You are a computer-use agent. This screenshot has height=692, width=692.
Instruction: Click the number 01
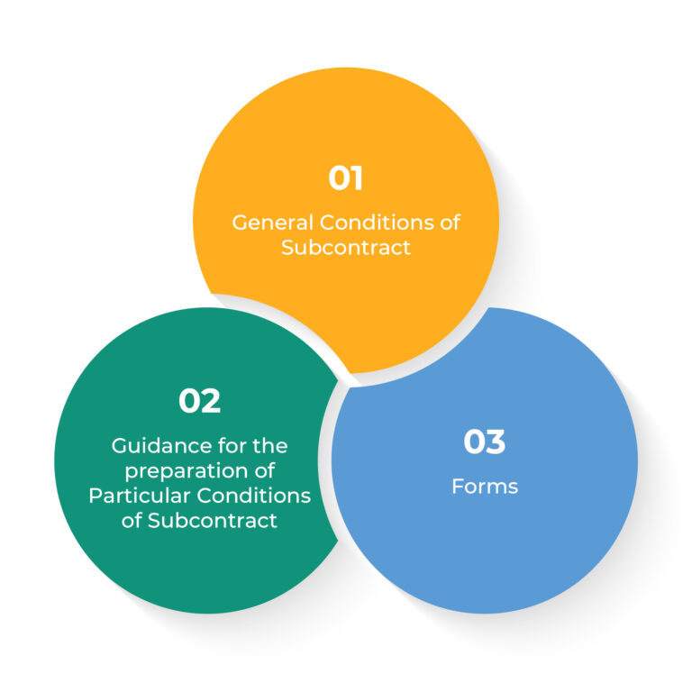click(x=346, y=178)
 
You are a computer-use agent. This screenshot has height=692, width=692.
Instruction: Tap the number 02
click(x=199, y=401)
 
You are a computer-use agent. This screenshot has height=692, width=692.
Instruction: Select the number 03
click(x=484, y=442)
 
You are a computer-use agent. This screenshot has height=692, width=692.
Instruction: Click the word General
click(x=273, y=223)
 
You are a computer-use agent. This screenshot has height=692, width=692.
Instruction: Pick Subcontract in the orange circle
click(x=346, y=247)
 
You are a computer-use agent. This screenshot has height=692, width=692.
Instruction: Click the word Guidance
click(x=158, y=446)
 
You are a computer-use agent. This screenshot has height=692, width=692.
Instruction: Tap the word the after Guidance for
click(x=270, y=446)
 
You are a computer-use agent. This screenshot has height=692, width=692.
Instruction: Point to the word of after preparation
click(x=264, y=470)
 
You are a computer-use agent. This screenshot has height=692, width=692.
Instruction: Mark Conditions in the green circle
click(x=254, y=496)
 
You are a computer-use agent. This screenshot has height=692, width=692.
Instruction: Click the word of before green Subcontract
click(x=131, y=520)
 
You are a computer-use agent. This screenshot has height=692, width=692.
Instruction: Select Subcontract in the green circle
click(x=213, y=520)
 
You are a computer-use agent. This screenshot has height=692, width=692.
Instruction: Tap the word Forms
click(x=485, y=487)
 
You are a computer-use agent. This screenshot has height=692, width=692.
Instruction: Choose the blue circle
click(x=485, y=551)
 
